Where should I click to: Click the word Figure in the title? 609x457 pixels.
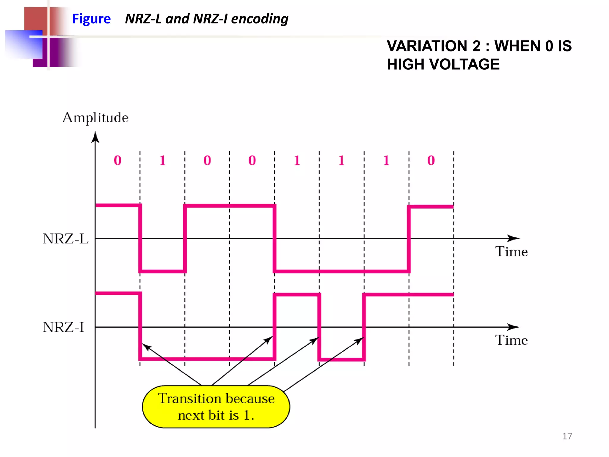(91, 19)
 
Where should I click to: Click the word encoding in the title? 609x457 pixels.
(260, 19)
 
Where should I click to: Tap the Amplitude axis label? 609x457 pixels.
(95, 118)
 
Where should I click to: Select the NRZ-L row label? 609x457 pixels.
(65, 239)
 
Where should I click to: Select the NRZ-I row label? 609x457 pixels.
(63, 327)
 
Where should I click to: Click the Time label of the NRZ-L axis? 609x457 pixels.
(511, 252)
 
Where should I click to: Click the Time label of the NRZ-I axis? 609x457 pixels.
(511, 340)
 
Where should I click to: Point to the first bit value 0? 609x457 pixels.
(117, 161)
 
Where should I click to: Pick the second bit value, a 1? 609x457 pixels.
(162, 161)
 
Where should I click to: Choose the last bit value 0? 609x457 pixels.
(431, 161)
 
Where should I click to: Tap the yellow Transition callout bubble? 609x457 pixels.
(216, 407)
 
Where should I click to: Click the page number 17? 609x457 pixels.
(567, 436)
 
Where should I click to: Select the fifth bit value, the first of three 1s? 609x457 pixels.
(297, 161)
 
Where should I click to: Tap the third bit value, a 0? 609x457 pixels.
(207, 161)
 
